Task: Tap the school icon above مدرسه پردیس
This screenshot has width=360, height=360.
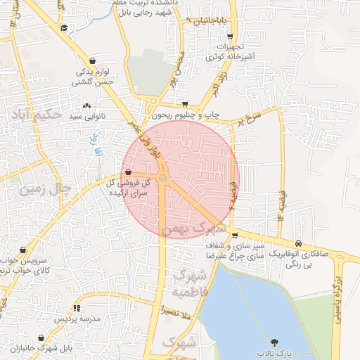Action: point(76,308)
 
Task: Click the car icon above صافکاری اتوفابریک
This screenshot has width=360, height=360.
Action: point(300,244)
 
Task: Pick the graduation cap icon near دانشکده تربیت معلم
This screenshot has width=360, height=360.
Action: point(65,27)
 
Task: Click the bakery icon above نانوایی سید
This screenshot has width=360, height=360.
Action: point(86,105)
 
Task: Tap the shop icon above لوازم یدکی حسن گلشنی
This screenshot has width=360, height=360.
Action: point(94,61)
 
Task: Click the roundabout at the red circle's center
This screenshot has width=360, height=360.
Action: point(163,179)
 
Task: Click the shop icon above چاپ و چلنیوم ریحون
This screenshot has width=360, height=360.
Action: point(184,104)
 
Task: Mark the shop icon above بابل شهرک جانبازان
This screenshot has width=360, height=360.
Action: point(41,338)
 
